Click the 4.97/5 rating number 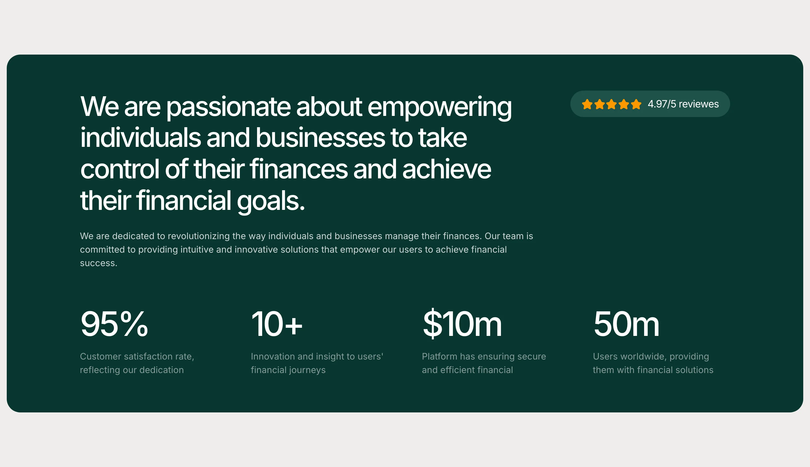coord(662,104)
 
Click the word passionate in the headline coord(228,107)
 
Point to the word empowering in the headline coord(439,108)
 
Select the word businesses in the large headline coord(320,138)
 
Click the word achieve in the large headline coord(446,169)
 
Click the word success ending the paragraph coord(98,263)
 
